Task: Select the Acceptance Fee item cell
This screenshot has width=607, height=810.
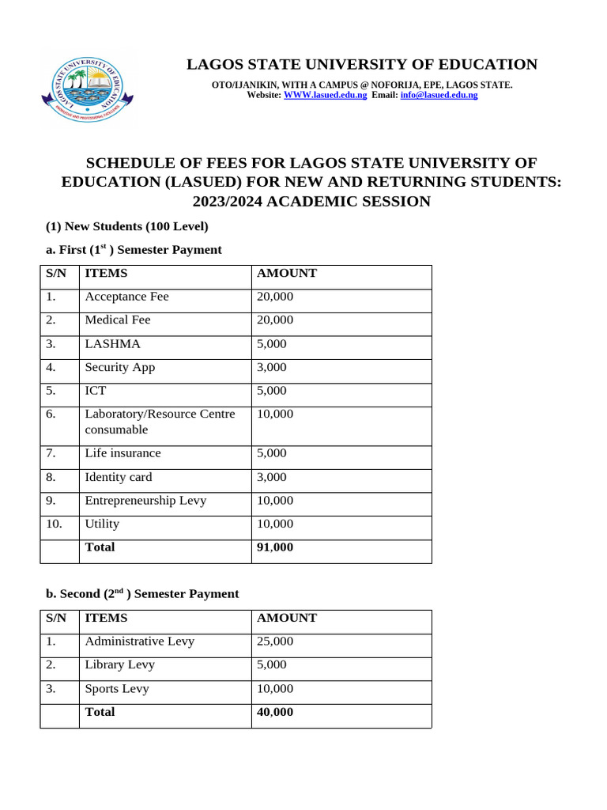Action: (x=126, y=297)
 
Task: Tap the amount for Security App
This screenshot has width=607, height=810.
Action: (x=272, y=367)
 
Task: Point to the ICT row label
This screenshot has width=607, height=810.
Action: (x=95, y=391)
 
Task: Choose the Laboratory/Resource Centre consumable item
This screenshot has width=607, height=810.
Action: (x=160, y=422)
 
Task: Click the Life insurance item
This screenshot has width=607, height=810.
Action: (x=123, y=453)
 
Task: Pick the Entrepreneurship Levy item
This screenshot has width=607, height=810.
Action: (x=149, y=500)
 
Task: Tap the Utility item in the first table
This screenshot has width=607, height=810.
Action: (x=102, y=524)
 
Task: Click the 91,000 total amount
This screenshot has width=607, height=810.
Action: (x=274, y=547)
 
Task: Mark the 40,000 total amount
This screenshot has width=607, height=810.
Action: (x=274, y=712)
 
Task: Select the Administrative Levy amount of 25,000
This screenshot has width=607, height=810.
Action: (x=274, y=641)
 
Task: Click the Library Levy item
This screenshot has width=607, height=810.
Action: (x=119, y=664)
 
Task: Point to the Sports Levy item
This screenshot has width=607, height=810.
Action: (x=117, y=688)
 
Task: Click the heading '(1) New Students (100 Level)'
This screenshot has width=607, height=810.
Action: (x=124, y=226)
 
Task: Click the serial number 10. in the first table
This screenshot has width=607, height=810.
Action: (x=54, y=524)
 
